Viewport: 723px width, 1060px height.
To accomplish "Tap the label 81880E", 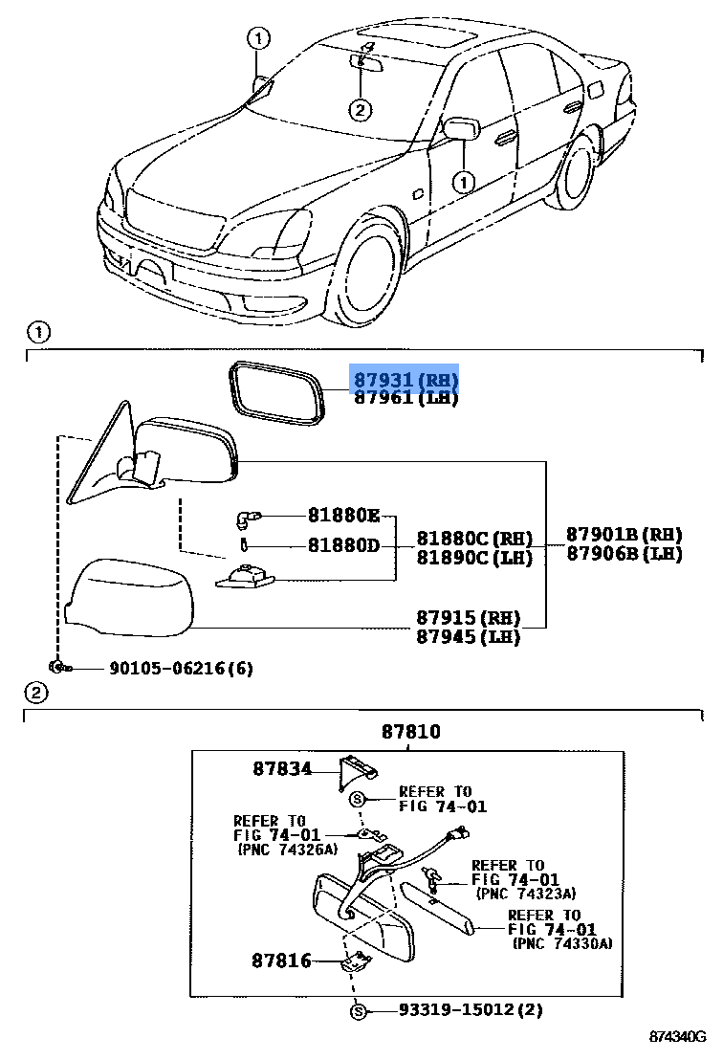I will [x=343, y=517].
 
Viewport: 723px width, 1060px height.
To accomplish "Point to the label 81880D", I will [x=343, y=545].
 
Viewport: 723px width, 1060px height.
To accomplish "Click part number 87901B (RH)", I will [x=624, y=535].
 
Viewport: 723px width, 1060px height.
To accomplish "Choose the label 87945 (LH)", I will [x=468, y=636].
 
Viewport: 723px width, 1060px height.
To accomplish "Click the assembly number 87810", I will [x=411, y=732].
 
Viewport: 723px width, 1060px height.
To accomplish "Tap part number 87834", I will [x=282, y=767].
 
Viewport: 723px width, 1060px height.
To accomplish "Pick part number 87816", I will [x=282, y=960].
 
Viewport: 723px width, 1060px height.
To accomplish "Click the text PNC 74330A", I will [x=562, y=944].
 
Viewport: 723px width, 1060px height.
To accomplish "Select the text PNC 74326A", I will [x=284, y=849].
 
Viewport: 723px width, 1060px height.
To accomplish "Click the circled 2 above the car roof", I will [x=360, y=110].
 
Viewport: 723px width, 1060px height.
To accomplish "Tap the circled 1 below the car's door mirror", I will [x=463, y=180].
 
